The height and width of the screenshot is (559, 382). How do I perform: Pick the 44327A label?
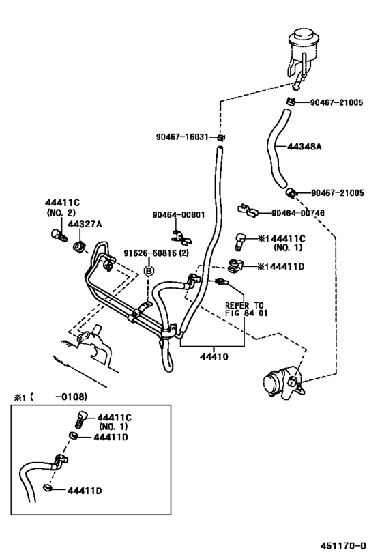click(85, 224)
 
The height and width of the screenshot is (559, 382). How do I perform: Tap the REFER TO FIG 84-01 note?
click(244, 309)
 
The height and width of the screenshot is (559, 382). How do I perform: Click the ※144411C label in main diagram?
click(281, 238)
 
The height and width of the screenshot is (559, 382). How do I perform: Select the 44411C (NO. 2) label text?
click(63, 207)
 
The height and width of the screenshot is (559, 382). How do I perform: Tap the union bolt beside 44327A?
click(57, 236)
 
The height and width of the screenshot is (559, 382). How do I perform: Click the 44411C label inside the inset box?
click(115, 416)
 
